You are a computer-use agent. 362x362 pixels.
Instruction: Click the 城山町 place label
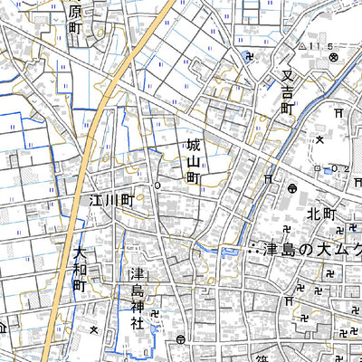coord(193,161)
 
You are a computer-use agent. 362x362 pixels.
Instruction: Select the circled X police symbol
coord(333,56)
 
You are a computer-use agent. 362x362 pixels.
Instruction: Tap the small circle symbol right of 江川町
coord(157,186)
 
